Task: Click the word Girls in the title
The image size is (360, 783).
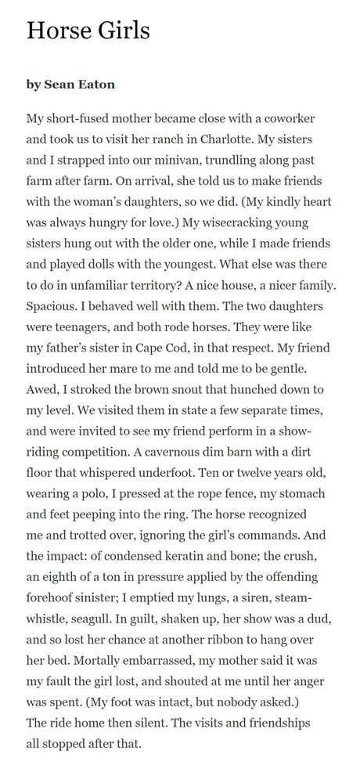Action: click(119, 31)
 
